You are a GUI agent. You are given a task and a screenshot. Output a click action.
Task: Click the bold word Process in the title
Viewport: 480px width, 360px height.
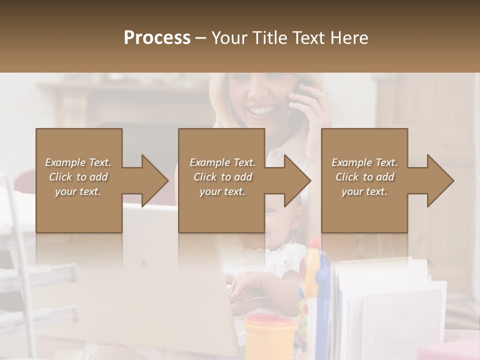[157, 37]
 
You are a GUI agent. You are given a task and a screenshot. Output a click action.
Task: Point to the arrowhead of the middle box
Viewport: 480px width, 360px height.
[297, 180]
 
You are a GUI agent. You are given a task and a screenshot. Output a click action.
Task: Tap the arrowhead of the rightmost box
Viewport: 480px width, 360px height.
[440, 180]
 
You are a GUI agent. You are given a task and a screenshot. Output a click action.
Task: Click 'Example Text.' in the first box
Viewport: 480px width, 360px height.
[78, 162]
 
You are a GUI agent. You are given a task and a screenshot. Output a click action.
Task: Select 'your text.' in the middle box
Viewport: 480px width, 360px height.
[222, 191]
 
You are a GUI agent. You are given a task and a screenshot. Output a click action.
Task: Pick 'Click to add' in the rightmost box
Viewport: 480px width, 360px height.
[364, 177]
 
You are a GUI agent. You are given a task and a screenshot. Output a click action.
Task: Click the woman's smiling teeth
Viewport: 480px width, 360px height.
[262, 109]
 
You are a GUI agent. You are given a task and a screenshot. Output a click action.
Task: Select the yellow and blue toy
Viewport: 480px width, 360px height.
[313, 280]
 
